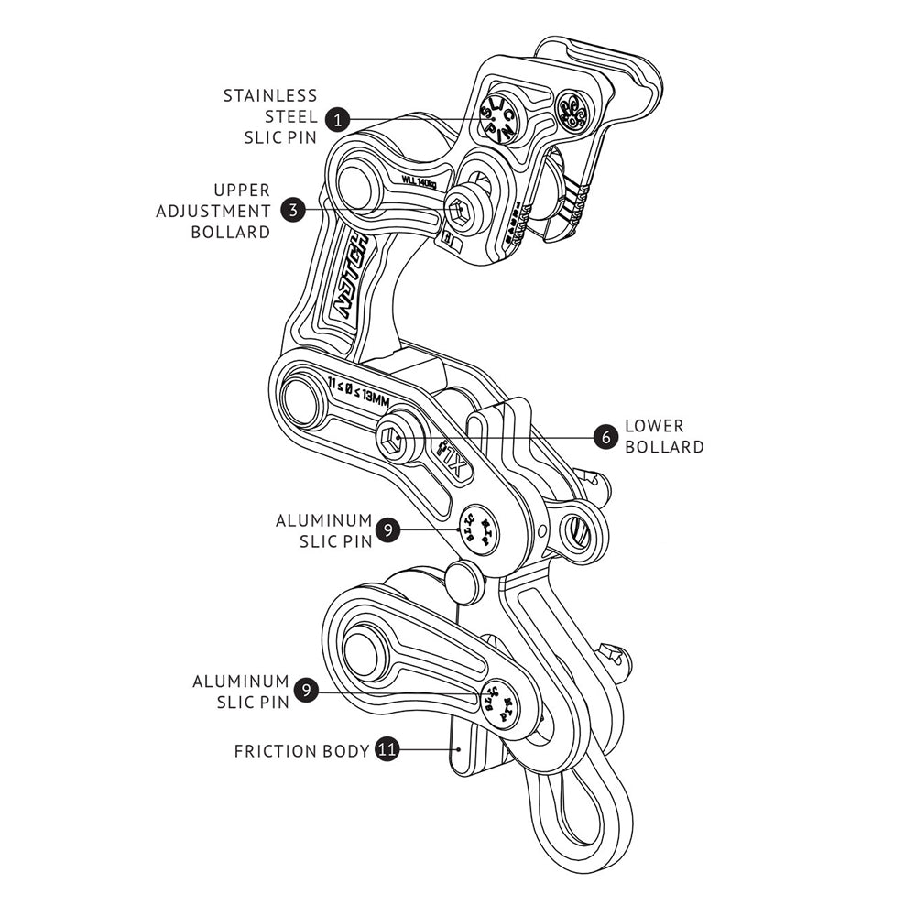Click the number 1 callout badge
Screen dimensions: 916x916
(338, 118)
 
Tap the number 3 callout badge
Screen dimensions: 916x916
(292, 210)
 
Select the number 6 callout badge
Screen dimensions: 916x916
(604, 437)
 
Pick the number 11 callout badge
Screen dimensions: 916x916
(387, 750)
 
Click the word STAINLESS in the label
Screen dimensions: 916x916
(270, 95)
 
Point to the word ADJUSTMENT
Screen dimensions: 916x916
(213, 211)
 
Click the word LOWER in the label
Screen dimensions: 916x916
(654, 426)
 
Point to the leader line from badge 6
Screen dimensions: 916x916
(513, 437)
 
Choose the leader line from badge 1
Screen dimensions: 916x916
(412, 118)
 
